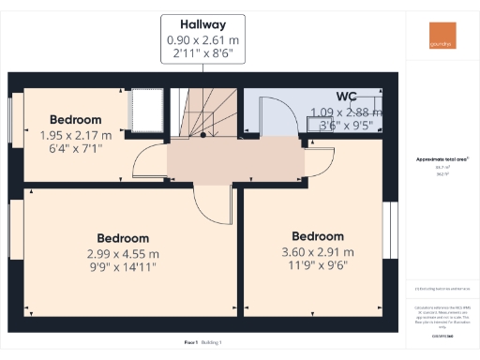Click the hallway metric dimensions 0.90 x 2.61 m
(203, 40)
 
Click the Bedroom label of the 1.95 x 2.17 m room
(75, 120)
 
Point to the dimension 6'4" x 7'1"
(75, 148)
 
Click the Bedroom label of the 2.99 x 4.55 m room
(123, 238)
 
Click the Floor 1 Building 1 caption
(203, 343)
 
